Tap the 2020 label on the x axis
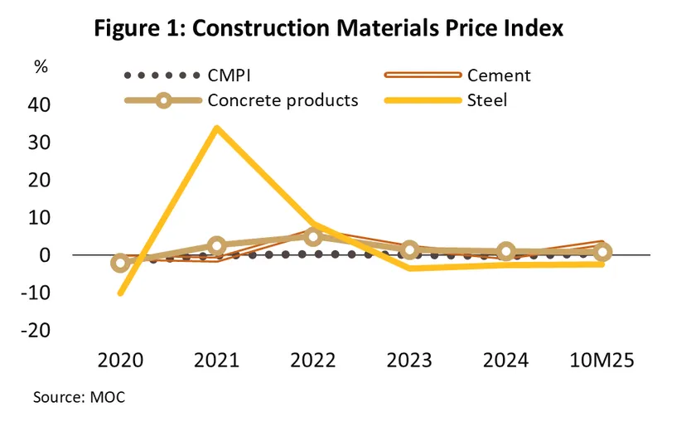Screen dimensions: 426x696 120,361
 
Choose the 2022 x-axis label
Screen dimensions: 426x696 313,361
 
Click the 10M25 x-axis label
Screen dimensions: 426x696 603,361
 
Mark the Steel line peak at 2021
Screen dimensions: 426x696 216,128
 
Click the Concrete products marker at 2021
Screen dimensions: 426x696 217,245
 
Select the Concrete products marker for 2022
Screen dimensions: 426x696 313,237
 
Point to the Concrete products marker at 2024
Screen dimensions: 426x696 506,252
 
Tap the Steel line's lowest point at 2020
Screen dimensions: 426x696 121,293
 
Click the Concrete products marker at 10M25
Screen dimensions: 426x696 603,252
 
